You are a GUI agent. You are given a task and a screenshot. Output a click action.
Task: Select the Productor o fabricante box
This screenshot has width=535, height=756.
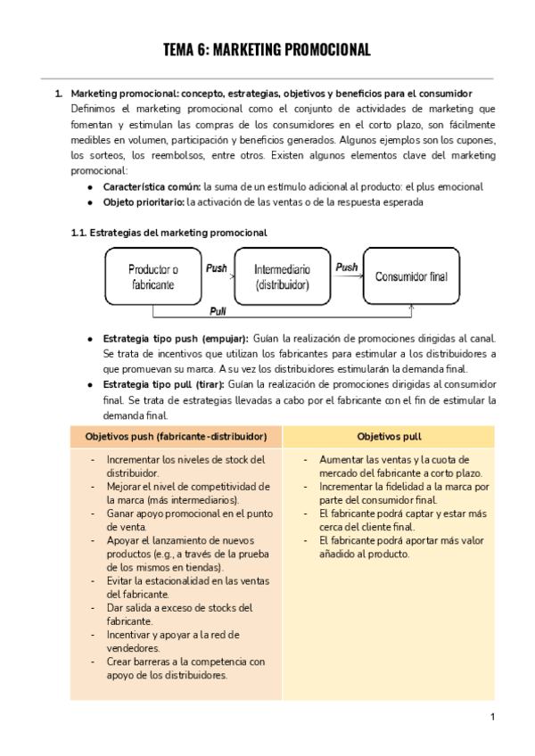tap(152, 276)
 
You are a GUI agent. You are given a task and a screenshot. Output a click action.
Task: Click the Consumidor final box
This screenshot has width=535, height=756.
tap(411, 276)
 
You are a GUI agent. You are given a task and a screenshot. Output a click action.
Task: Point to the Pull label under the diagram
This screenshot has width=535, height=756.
tap(217, 311)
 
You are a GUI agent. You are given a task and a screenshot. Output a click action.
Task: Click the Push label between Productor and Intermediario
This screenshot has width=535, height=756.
tap(216, 267)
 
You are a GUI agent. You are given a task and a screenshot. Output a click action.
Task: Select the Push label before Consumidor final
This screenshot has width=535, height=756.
tap(346, 267)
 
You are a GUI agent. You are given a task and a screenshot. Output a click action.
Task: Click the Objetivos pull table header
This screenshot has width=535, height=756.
tap(389, 437)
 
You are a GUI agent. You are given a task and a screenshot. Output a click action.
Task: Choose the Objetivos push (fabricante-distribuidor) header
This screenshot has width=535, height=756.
tap(176, 437)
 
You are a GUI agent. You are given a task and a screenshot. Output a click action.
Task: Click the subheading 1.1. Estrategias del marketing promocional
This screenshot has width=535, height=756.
tap(169, 233)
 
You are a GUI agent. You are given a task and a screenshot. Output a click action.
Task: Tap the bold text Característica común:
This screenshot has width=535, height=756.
tap(152, 187)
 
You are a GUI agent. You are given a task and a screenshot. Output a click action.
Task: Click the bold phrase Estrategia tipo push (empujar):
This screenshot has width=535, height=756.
tap(176, 339)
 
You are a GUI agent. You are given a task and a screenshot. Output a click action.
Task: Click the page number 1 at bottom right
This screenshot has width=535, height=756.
tap(491, 717)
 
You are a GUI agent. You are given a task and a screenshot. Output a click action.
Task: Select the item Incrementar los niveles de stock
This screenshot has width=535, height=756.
tap(185, 460)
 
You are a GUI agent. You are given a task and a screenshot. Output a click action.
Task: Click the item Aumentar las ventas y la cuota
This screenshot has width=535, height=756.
tap(399, 459)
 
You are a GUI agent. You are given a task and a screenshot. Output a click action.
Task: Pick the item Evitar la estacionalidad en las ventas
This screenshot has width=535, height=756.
tap(185, 580)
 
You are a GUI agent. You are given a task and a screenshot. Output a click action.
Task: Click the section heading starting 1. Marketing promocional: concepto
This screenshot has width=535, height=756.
tap(271, 94)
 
